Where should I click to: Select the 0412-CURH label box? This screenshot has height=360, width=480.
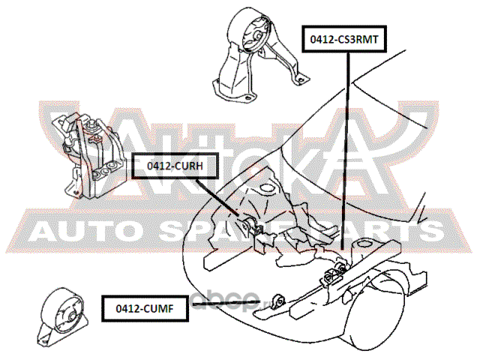(x=171, y=165)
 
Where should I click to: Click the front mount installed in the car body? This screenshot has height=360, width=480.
(x=277, y=300)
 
